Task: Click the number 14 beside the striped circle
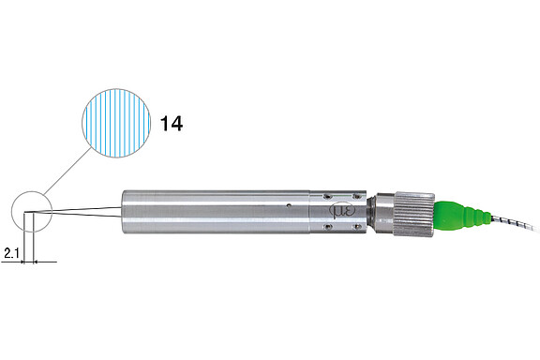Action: pos(172,124)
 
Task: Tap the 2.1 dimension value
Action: pos(11,253)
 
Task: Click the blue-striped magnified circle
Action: pos(116,124)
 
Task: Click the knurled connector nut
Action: pos(414,214)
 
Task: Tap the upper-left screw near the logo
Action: pos(326,197)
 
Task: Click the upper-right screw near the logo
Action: pos(357,196)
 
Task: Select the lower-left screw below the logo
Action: pos(326,226)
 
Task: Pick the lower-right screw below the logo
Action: pos(357,226)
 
